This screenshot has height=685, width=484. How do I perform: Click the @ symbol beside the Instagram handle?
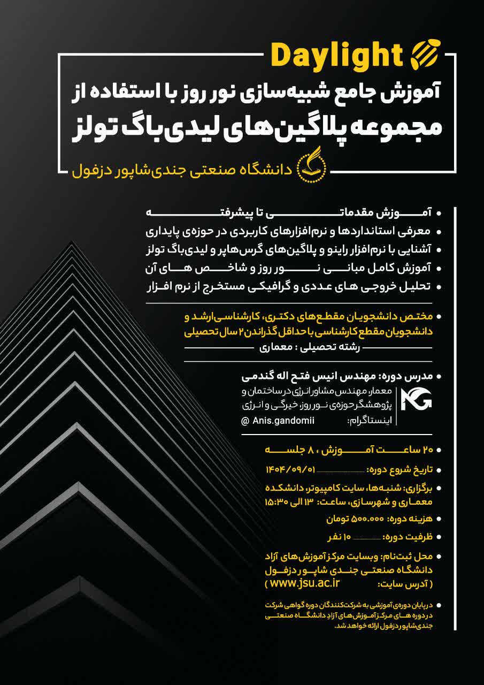tap(245, 421)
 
